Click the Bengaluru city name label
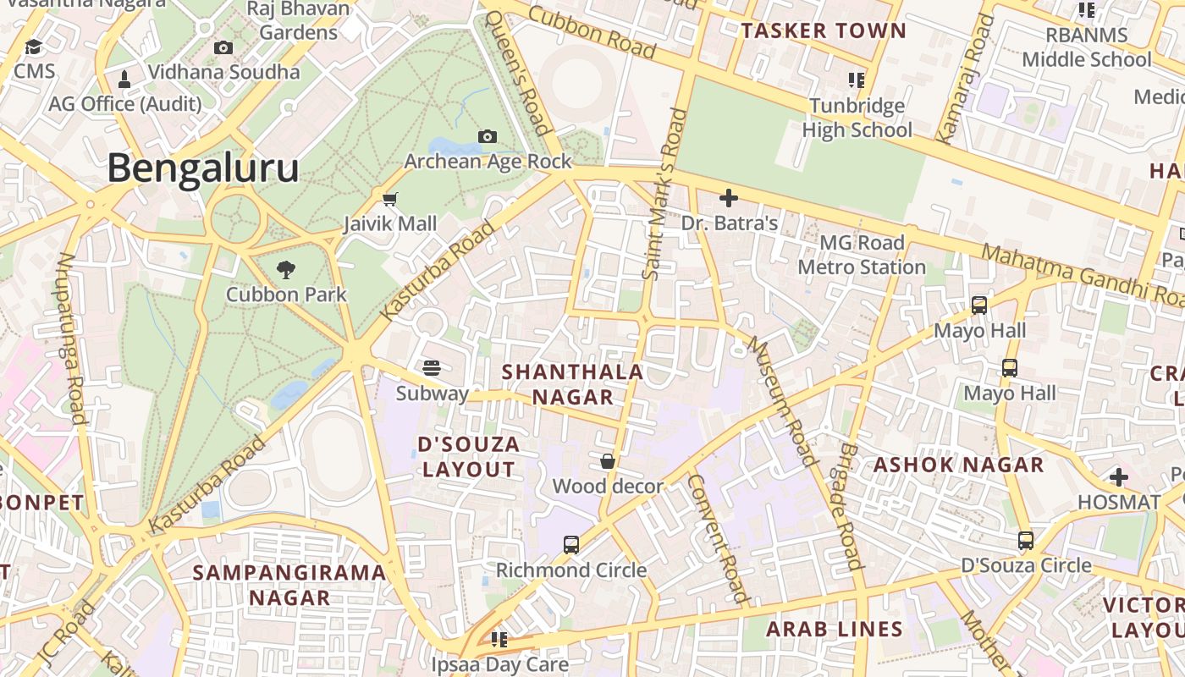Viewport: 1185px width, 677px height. click(x=202, y=168)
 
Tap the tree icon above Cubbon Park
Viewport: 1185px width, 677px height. click(x=286, y=270)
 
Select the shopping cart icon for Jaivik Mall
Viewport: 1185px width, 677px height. click(x=389, y=200)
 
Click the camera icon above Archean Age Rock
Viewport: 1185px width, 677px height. click(x=487, y=136)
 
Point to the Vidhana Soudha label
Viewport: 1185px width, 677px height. click(x=224, y=72)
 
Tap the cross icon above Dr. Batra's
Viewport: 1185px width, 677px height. click(x=728, y=199)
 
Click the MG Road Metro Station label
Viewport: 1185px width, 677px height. click(x=862, y=255)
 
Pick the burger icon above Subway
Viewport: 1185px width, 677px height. click(x=432, y=368)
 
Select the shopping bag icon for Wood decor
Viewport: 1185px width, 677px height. click(x=607, y=461)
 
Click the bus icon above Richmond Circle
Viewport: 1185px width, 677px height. click(x=571, y=545)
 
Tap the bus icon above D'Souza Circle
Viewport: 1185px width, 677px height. click(x=1026, y=540)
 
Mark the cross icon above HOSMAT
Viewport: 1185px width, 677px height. click(x=1119, y=477)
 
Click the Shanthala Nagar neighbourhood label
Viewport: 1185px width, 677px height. click(x=572, y=384)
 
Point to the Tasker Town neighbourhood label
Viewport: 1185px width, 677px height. click(x=824, y=31)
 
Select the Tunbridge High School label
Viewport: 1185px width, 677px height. click(x=857, y=118)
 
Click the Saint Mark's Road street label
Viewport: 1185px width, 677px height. click(x=664, y=195)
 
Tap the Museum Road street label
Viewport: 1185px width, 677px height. click(x=783, y=403)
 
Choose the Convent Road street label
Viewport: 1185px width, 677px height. click(x=719, y=538)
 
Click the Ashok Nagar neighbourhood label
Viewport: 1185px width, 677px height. click(x=958, y=465)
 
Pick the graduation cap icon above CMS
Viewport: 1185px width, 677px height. click(x=33, y=47)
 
